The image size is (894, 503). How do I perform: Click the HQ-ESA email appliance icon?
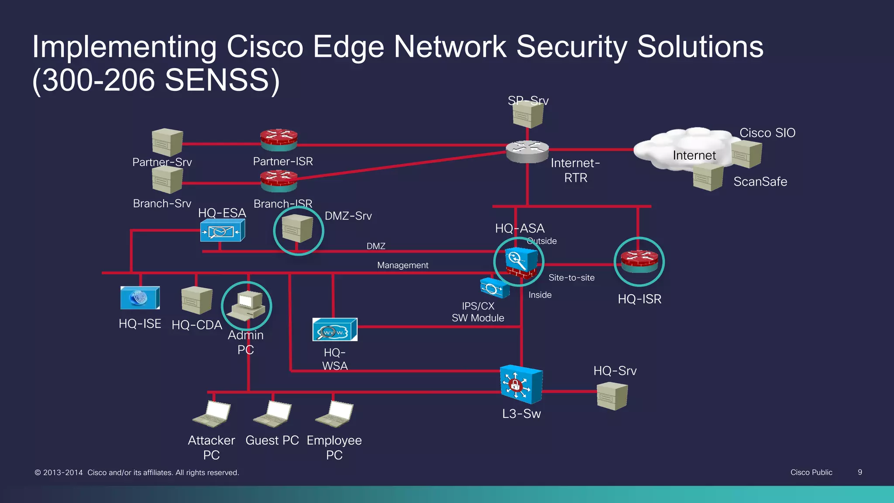pos(222,231)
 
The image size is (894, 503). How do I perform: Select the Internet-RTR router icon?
pos(527,152)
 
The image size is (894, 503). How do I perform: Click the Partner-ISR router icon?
pos(279,140)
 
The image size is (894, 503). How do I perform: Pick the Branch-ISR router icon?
pos(279,181)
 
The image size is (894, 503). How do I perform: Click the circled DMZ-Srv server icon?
pos(298,228)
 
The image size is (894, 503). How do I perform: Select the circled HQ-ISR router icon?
pos(640,262)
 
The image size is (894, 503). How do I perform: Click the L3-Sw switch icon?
pos(521,384)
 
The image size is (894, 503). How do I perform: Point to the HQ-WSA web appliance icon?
pos(335,330)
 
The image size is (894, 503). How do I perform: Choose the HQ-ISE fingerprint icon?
pos(140,298)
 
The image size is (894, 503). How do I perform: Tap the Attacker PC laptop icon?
pos(213,414)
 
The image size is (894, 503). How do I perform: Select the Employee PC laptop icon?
pos(335,414)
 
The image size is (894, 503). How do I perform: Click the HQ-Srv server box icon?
pos(612,396)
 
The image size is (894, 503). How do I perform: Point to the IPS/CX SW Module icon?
pos(494,288)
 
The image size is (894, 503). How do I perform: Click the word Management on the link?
pos(402,265)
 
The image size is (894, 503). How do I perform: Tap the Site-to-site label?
pos(571,278)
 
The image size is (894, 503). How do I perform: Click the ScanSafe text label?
pos(760,182)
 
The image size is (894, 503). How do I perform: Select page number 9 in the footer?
pos(860,472)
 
